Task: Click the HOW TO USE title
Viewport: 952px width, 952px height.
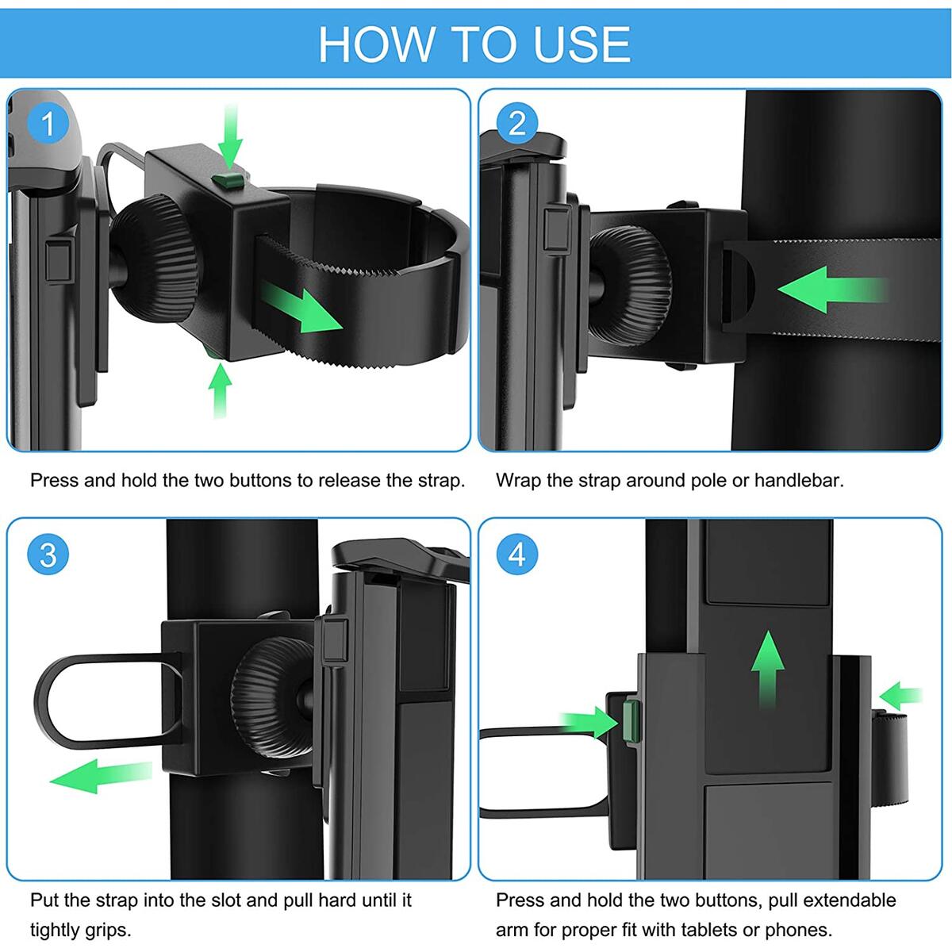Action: pos(474,44)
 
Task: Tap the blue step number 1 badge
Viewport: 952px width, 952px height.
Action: pos(48,124)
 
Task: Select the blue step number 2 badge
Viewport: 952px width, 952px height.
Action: pos(517,124)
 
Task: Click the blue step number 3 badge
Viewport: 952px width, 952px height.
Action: pos(48,555)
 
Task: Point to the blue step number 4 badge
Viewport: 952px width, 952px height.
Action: pos(517,555)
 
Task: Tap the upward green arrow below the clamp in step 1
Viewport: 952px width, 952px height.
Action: pos(220,391)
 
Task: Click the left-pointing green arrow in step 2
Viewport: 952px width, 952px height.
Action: pos(829,290)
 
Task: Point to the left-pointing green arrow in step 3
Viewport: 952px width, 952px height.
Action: pos(99,774)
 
